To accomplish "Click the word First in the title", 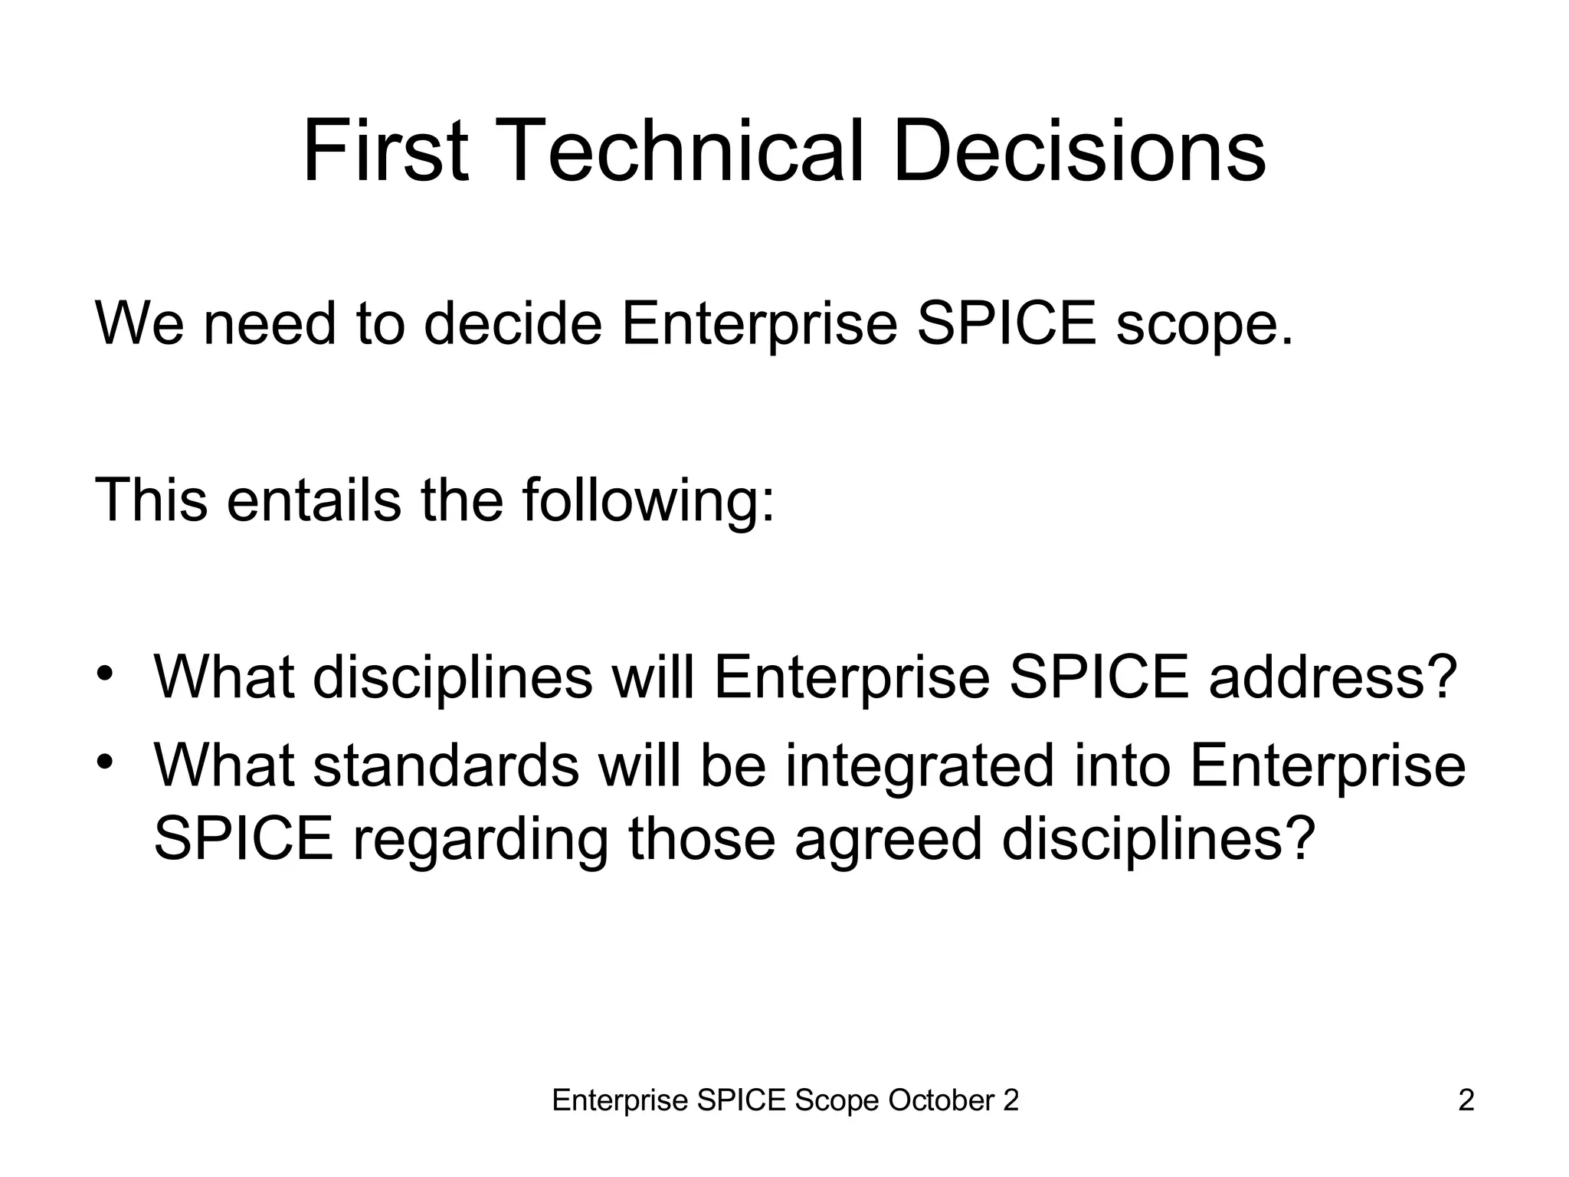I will pyautogui.click(x=385, y=151).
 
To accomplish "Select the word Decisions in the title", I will pyautogui.click(x=1079, y=151).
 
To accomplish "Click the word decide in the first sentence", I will pyautogui.click(x=513, y=323).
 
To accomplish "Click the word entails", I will pyautogui.click(x=313, y=500).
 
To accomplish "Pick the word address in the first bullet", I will pyautogui.click(x=1332, y=677).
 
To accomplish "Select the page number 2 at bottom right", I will pyautogui.click(x=1466, y=1100).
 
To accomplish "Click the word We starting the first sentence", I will pyautogui.click(x=139, y=323).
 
